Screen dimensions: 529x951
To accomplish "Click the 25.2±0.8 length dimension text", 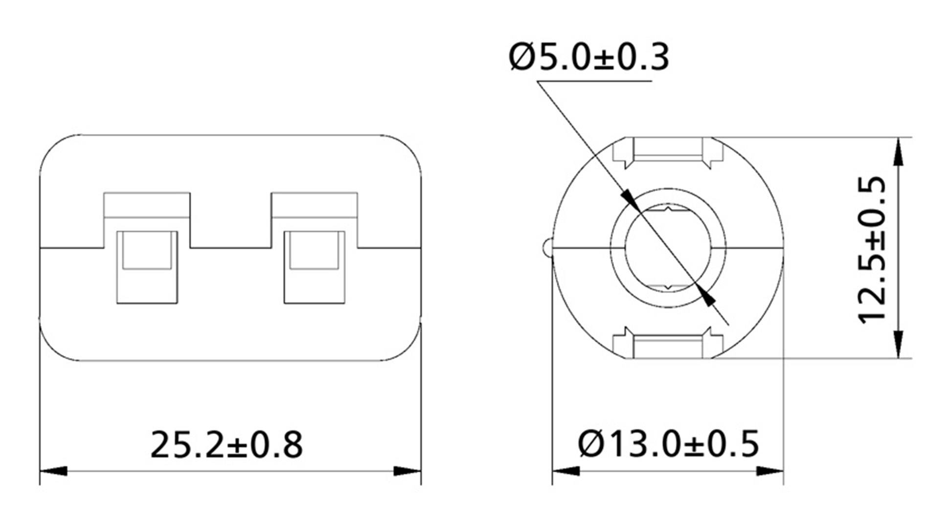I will (x=226, y=444).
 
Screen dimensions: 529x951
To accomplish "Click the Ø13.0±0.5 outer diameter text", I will (x=668, y=444).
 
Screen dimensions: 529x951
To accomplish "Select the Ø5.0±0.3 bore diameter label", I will (x=589, y=57).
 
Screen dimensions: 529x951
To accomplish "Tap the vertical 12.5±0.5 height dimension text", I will (x=872, y=249).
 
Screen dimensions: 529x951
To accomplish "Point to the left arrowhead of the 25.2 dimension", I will (x=53, y=471).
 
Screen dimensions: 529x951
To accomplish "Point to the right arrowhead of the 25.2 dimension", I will (x=408, y=471).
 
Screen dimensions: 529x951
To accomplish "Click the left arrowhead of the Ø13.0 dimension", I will (x=566, y=471).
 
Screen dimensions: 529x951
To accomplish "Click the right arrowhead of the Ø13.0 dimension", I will (x=770, y=471).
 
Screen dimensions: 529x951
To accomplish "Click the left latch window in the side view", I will (x=147, y=266).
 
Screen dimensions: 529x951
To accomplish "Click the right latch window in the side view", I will (x=314, y=266).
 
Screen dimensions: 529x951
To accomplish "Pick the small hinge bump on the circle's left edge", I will (x=547, y=247).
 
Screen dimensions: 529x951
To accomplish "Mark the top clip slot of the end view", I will (x=668, y=150).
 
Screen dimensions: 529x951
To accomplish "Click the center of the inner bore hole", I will (x=668, y=248).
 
